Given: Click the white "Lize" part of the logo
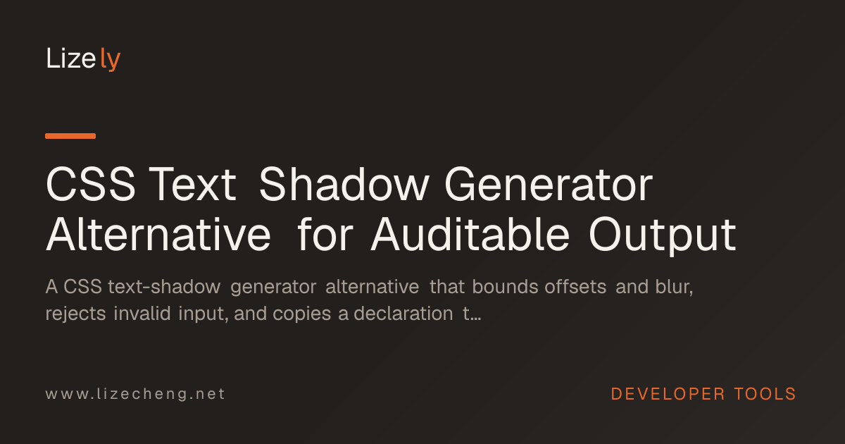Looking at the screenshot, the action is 70,58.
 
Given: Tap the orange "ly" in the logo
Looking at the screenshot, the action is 110,59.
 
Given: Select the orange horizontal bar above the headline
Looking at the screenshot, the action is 70,136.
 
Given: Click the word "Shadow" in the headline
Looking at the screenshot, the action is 344,184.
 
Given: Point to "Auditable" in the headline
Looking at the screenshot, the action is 470,235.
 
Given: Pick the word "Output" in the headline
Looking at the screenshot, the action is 663,236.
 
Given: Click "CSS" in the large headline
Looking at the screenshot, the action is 91,184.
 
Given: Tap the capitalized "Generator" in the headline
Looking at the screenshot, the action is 549,184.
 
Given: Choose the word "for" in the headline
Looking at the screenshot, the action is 325,234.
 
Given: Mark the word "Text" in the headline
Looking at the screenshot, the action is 193,185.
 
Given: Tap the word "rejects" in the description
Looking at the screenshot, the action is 75,314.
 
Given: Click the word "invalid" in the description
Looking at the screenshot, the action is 142,314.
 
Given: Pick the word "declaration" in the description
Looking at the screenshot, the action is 403,314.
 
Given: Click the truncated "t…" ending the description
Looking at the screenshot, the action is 472,314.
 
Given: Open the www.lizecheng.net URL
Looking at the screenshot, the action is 135,394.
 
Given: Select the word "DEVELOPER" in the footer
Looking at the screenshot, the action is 668,394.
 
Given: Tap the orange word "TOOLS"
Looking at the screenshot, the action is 765,394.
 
